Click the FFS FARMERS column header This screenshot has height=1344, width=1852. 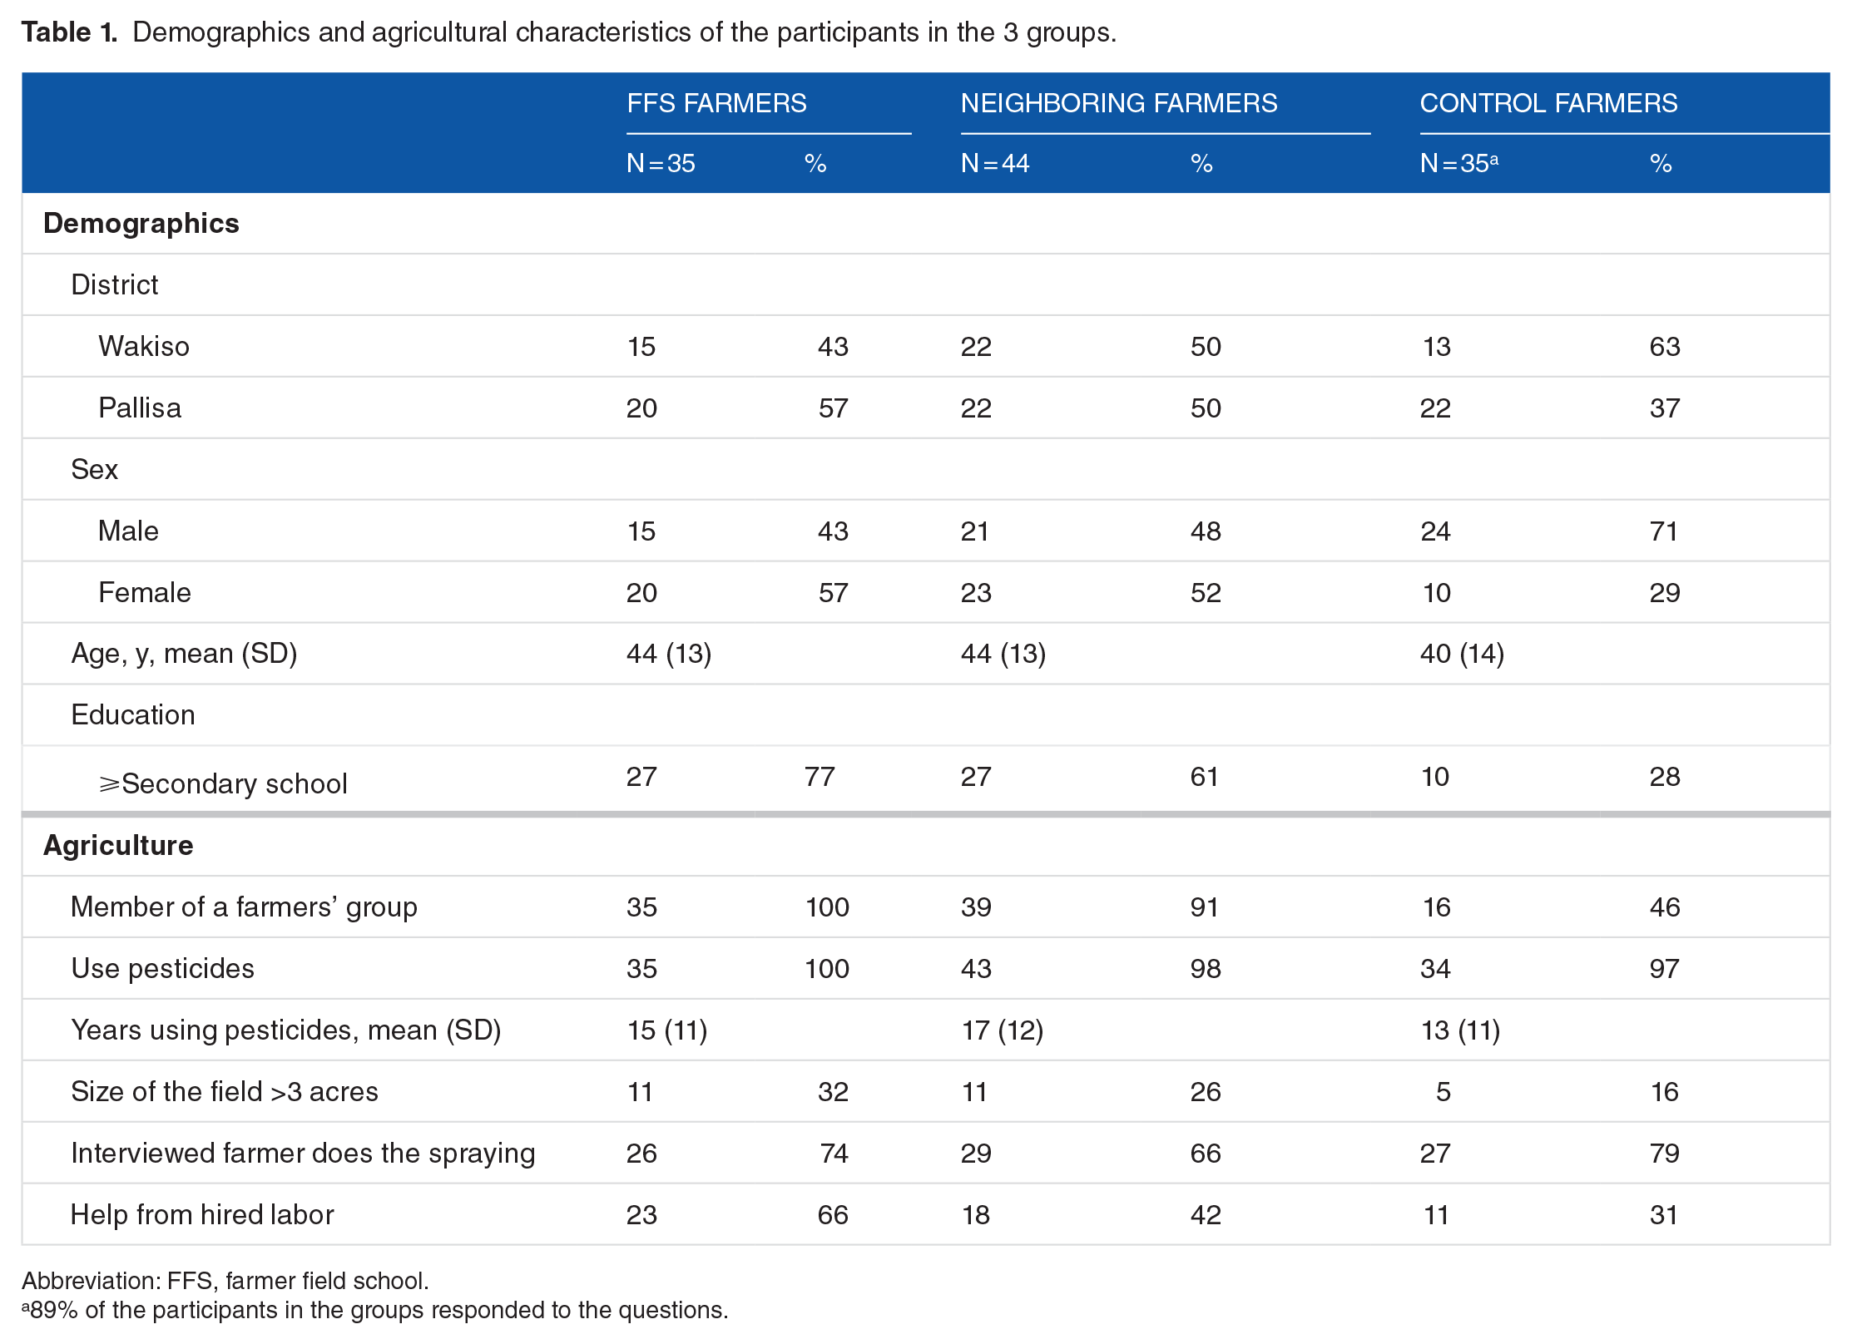pos(716,103)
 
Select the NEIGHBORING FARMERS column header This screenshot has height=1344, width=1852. pos(1118,103)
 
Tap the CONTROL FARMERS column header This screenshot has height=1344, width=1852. pos(1548,103)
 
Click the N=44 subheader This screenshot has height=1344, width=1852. pos(995,163)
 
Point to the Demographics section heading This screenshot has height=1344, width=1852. pos(141,224)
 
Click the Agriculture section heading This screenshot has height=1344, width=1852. pos(118,845)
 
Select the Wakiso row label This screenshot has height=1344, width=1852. pos(144,346)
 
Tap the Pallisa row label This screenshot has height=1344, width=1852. pos(140,408)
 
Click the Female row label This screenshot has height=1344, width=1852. pos(145,592)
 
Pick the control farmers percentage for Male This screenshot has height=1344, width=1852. pos(1664,531)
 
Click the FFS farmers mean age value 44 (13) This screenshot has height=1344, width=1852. pos(669,654)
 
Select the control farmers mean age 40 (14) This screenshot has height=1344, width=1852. pos(1462,654)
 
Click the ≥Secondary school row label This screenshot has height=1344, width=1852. pos(223,783)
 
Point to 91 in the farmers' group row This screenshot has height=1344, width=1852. pos(1204,907)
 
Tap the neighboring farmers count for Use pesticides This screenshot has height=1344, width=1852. pos(976,968)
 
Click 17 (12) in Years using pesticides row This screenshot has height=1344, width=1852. pos(1003,1030)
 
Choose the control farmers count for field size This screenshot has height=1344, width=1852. pos(1443,1091)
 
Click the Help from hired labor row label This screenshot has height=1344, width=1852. pos(202,1214)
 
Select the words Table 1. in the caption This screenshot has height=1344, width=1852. pos(69,32)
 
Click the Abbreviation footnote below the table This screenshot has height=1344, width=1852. pos(225,1281)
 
